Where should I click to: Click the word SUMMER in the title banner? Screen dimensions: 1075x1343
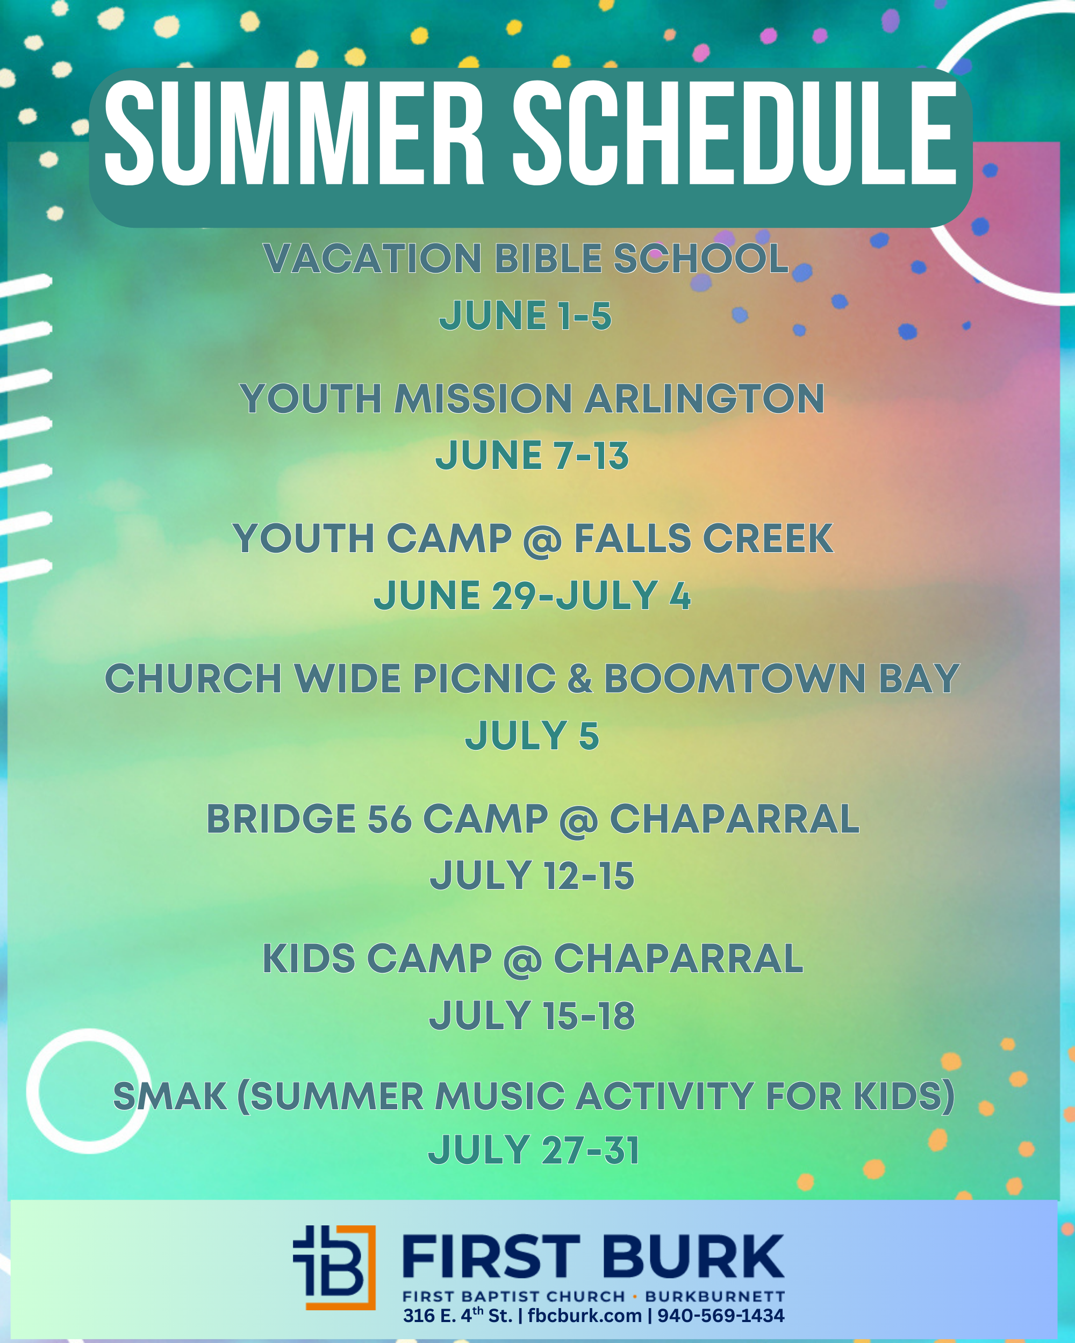click(294, 133)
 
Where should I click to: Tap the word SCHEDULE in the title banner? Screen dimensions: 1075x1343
click(735, 133)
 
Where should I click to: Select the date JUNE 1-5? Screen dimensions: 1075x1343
click(525, 315)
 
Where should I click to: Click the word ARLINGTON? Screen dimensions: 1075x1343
click(705, 399)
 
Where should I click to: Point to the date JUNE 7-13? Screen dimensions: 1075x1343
click(532, 456)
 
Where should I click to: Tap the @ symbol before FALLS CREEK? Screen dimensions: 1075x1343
click(543, 540)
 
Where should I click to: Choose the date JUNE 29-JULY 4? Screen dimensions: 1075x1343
click(532, 596)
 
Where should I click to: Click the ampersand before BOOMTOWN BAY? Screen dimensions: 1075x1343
click(579, 678)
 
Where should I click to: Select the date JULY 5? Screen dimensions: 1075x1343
click(532, 735)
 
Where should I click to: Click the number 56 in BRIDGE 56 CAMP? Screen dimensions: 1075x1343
click(390, 819)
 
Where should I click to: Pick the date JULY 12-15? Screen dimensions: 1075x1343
click(532, 876)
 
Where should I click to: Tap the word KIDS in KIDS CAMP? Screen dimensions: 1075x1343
click(309, 959)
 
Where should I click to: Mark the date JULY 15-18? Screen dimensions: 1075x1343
click(532, 1016)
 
